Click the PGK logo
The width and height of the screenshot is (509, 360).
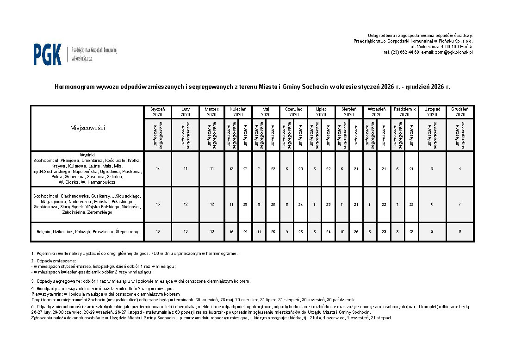[x=48, y=54]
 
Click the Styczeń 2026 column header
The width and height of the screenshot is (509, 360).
[x=158, y=112]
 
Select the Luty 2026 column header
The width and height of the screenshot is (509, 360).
[x=185, y=112]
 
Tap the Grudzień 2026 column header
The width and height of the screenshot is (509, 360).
[x=460, y=112]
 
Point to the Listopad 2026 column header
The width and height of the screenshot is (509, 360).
[x=432, y=112]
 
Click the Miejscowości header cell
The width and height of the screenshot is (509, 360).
[x=87, y=128]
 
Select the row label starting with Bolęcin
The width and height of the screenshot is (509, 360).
[x=87, y=231]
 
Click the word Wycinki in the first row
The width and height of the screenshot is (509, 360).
[x=87, y=155]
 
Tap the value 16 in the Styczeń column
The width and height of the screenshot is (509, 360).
[x=158, y=231]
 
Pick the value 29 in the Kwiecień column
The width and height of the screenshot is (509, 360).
[x=245, y=231]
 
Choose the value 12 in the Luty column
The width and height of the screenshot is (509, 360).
[x=185, y=204]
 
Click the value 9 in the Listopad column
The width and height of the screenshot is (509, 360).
[x=432, y=231]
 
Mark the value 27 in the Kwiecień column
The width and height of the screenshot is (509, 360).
[x=245, y=169]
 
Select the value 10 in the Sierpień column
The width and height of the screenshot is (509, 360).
[x=342, y=231]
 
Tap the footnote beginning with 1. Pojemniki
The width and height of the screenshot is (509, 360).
[x=134, y=254]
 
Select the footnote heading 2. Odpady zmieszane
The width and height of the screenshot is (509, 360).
[x=54, y=261]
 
